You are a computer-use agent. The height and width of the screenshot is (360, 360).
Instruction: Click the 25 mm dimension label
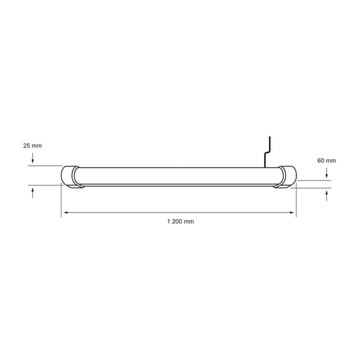coord(32,145)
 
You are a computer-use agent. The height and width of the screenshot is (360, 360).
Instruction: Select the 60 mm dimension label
coord(326,161)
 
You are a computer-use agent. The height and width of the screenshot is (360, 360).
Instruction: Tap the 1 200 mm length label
coord(180,221)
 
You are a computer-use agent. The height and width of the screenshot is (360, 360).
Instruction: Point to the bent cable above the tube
coord(266,150)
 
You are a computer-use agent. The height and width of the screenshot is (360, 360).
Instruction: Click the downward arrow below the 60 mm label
coord(326,174)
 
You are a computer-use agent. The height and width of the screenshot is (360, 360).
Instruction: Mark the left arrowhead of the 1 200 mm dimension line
coord(64,211)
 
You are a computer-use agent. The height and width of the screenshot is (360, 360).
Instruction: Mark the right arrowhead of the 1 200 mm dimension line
coord(294,211)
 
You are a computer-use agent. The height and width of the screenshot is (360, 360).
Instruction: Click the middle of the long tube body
coord(179,176)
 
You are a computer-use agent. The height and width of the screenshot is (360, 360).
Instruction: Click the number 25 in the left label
coord(27,145)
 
